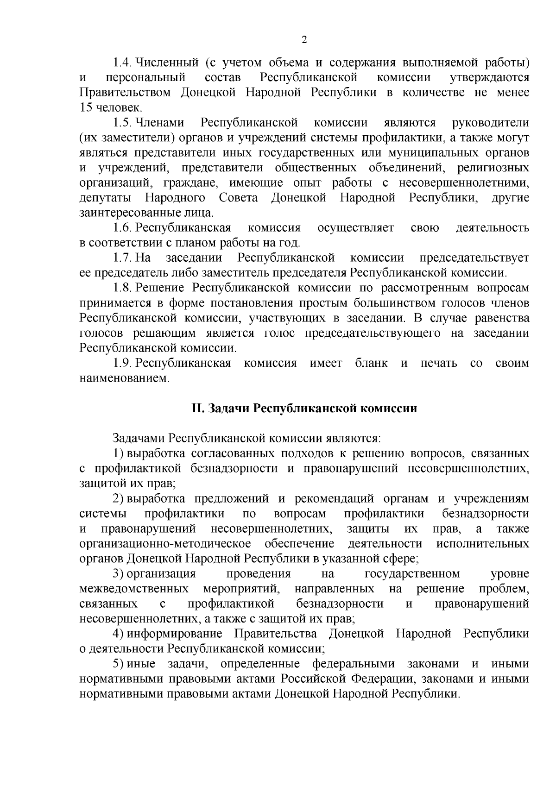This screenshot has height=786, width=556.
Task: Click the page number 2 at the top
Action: coord(304,40)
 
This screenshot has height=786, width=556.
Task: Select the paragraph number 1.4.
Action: coord(123,63)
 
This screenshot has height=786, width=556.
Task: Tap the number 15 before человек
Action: coord(86,108)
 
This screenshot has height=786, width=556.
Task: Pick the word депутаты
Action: coord(105,198)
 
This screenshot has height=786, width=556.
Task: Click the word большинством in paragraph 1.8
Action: coord(365,303)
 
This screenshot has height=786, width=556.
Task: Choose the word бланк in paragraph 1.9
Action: coord(371,363)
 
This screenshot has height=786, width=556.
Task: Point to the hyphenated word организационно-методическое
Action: coord(165,543)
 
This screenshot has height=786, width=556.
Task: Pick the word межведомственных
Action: coord(134,589)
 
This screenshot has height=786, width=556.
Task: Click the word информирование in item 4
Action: coord(175,634)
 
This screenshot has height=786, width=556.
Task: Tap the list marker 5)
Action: coord(119,664)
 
